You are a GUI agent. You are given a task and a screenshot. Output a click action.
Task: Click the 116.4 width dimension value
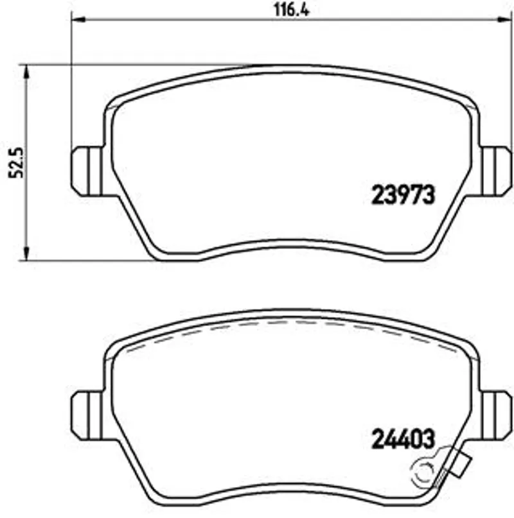click(x=292, y=10)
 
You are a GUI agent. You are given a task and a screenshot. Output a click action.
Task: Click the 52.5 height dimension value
click(x=16, y=163)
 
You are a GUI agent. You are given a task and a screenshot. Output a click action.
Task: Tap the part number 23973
click(x=403, y=194)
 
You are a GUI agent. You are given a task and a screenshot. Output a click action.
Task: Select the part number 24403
click(x=403, y=439)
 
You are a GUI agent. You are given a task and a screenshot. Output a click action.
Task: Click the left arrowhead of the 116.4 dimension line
click(x=79, y=20)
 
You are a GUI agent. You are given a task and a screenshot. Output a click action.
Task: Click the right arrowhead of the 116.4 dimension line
click(x=505, y=20)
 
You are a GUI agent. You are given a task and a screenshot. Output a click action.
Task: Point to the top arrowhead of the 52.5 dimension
click(x=26, y=71)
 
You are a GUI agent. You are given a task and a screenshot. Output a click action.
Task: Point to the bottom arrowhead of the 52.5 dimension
click(x=26, y=254)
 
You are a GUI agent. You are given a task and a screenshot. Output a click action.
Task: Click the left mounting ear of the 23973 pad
click(x=87, y=171)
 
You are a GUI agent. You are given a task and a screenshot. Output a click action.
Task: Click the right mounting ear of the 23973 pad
click(x=496, y=171)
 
